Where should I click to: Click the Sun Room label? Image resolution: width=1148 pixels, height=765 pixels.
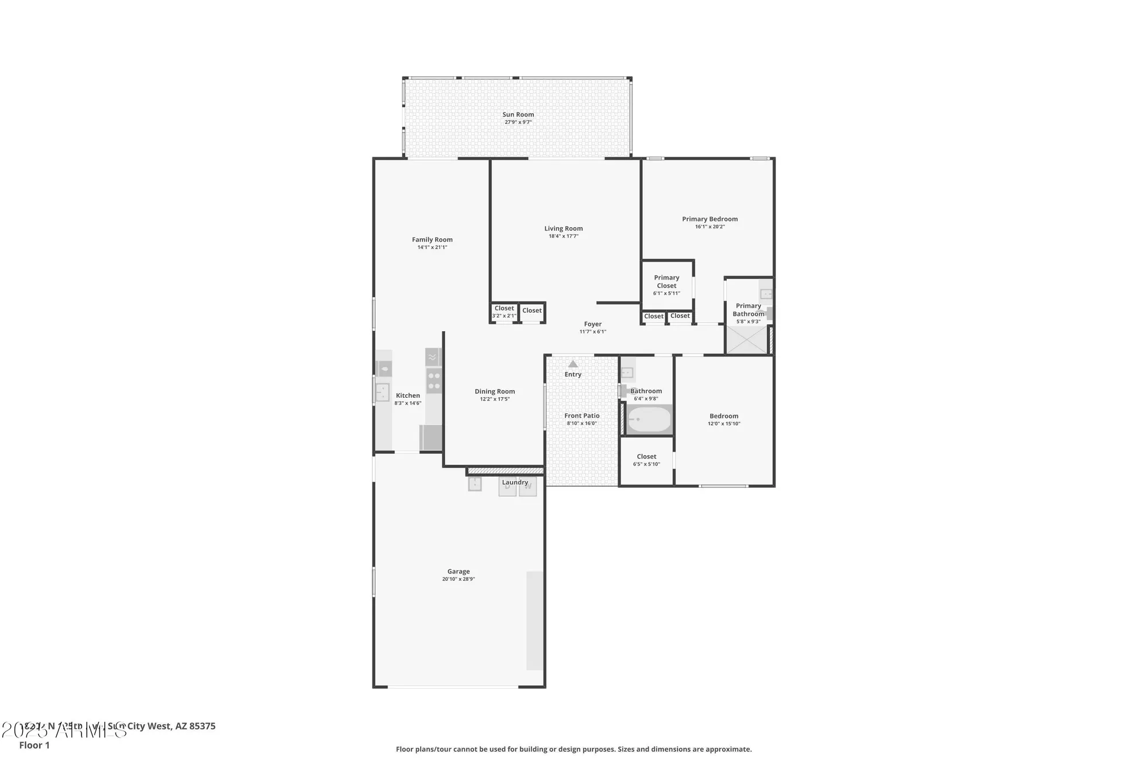518,115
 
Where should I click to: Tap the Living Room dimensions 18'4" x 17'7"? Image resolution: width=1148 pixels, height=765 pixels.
563,236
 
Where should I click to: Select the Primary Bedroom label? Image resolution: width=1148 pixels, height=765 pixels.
709,219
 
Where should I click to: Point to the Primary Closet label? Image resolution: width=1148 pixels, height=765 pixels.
666,282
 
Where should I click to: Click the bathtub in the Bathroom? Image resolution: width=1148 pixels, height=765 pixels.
649,420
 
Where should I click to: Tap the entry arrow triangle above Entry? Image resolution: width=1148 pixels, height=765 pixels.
573,364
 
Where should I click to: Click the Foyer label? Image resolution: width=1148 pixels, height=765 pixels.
592,324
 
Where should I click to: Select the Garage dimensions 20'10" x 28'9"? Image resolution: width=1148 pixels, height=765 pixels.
458,580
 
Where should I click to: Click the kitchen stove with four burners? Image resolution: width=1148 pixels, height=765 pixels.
434,380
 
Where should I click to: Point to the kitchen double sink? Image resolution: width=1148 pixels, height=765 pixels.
382,393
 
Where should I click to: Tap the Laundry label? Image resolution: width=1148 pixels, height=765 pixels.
515,483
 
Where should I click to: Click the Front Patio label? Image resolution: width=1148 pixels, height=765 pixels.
581,416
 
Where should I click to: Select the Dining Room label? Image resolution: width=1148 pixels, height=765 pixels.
494,392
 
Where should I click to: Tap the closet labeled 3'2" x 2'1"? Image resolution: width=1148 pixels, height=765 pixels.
504,312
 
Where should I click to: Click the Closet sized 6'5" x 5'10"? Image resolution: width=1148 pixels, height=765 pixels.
646,460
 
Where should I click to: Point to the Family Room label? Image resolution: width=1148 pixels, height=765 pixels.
432,240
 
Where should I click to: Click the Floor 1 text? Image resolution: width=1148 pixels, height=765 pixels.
34,745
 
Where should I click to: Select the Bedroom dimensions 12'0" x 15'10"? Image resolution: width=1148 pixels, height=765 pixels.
724,424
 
